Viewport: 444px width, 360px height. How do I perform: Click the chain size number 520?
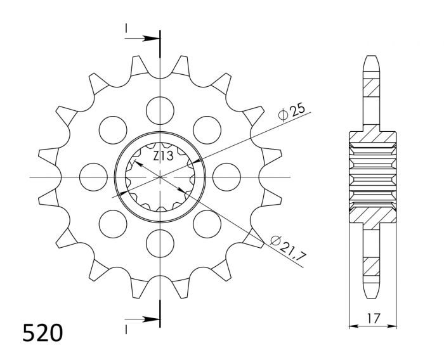[42, 333]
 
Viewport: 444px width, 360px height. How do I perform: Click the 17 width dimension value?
[373, 318]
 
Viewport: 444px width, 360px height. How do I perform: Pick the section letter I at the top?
[127, 29]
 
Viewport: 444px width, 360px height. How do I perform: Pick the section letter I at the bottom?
[127, 328]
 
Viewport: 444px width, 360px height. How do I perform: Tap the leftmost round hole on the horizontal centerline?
[94, 176]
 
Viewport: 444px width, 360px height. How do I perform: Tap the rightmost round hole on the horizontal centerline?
[226, 176]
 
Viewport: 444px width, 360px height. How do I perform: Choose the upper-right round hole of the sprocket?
[207, 130]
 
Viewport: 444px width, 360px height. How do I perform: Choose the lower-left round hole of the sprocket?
[113, 223]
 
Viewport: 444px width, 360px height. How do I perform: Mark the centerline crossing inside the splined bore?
[160, 176]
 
